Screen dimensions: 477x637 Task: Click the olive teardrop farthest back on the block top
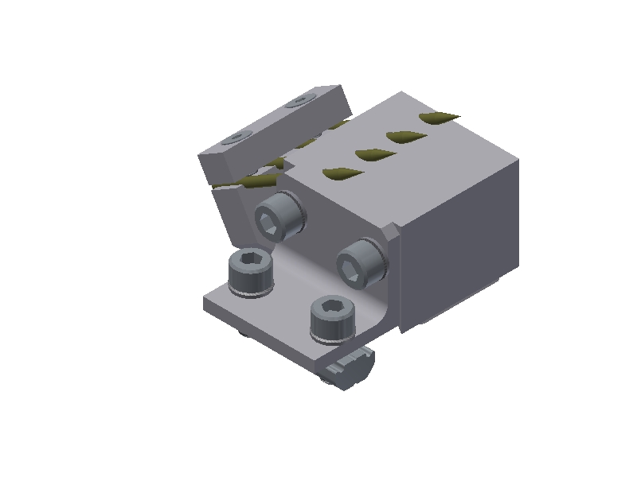pyautogui.click(x=439, y=118)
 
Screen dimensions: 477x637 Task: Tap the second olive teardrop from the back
pyautogui.click(x=404, y=137)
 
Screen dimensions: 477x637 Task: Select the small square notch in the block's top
pyautogui.click(x=291, y=163)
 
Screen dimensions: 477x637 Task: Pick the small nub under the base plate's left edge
pyautogui.click(x=242, y=332)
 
